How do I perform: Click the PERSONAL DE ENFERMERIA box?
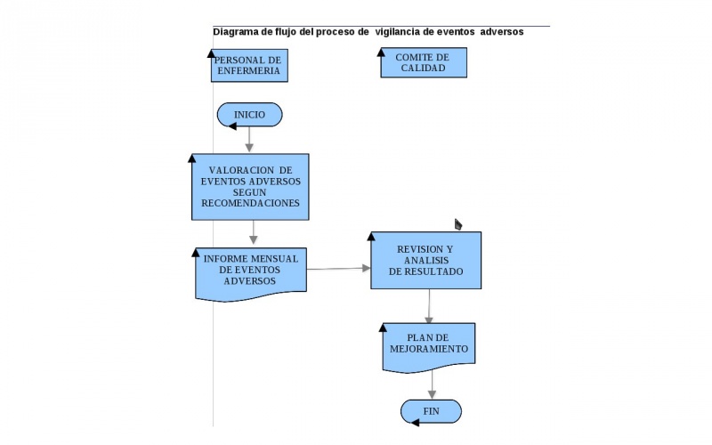click(249, 66)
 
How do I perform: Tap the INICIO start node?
click(249, 115)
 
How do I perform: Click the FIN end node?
click(431, 411)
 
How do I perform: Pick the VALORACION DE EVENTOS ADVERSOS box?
click(250, 186)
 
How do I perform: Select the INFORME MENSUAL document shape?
click(250, 271)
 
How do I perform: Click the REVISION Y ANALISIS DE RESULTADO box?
click(426, 260)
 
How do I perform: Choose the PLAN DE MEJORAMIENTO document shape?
click(428, 344)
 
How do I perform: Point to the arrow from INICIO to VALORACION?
click(250, 139)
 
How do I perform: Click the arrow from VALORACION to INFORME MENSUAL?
click(254, 231)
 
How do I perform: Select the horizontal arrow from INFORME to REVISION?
click(338, 268)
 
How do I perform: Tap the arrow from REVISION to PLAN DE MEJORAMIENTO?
click(429, 305)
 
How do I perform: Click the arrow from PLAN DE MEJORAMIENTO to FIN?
click(433, 384)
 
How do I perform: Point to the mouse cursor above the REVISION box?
click(457, 223)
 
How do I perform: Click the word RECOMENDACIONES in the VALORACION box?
click(250, 203)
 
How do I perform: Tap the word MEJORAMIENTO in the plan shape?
click(428, 350)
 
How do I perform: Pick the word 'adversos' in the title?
click(502, 32)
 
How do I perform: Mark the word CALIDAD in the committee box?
click(423, 69)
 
